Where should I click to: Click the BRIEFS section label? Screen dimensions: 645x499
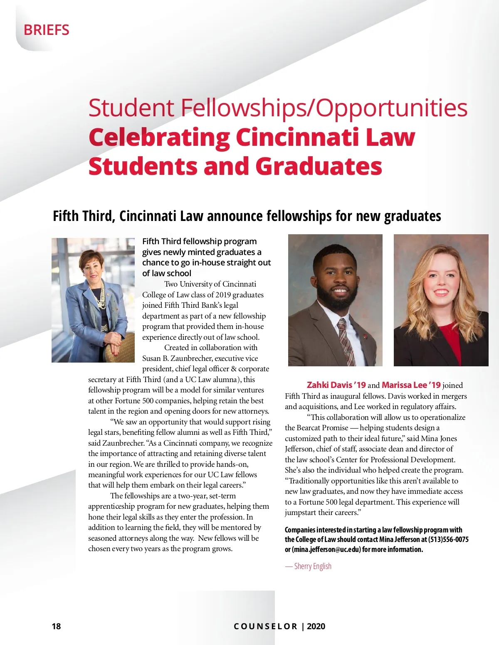pyautogui.click(x=46, y=30)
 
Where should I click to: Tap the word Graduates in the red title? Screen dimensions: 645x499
pyautogui.click(x=319, y=166)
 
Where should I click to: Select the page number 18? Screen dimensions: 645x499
pyautogui.click(x=56, y=626)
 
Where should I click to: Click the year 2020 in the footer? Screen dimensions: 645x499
pyautogui.click(x=316, y=626)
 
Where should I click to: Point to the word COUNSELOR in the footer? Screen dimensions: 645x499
pyautogui.click(x=265, y=626)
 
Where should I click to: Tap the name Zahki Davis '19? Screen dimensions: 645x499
pyautogui.click(x=336, y=385)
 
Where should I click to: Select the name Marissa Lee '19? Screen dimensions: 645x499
pyautogui.click(x=411, y=385)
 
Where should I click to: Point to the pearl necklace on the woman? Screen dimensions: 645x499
pyautogui.click(x=100, y=299)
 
